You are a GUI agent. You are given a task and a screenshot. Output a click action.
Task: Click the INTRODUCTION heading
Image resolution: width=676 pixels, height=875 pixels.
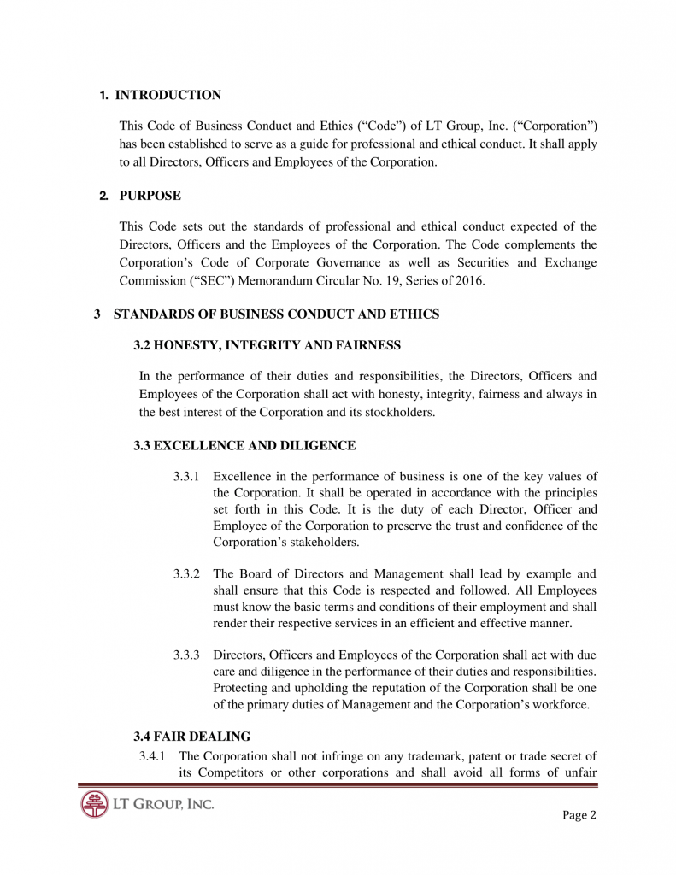(x=168, y=95)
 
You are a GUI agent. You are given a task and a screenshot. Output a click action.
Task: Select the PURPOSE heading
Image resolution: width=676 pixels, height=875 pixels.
(x=150, y=196)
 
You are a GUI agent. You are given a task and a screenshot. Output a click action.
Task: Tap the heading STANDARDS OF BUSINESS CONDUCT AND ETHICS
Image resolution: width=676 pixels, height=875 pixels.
(x=276, y=314)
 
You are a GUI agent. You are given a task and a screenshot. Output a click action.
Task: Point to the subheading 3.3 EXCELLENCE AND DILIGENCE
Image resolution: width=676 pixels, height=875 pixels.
(x=244, y=445)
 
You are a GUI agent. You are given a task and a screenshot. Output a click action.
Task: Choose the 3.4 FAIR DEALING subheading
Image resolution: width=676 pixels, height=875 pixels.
(x=192, y=736)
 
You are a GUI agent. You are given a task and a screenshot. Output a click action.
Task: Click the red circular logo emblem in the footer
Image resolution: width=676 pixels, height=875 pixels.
(x=95, y=805)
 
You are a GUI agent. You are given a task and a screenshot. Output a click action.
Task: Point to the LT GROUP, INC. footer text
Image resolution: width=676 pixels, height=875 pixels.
(x=163, y=804)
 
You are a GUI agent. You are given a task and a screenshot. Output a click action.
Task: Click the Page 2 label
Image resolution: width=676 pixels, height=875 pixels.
(x=579, y=815)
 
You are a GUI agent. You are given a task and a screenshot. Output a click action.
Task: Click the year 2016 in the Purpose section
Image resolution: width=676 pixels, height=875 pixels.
(x=468, y=279)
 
